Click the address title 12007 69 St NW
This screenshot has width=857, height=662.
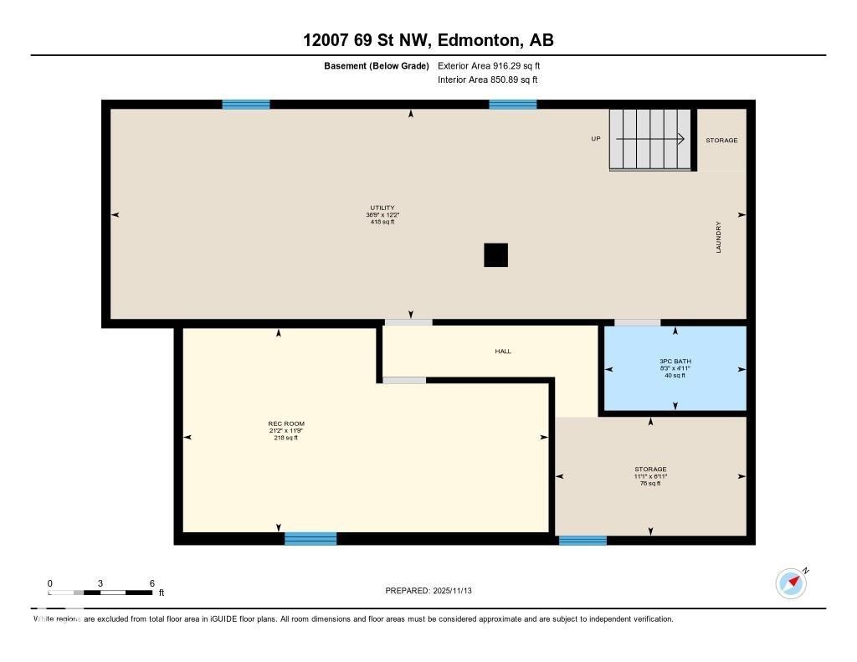coord(428,40)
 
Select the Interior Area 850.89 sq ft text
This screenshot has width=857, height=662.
coord(487,80)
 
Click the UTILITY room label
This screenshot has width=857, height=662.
coord(382,208)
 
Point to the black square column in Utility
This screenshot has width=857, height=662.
coord(495,255)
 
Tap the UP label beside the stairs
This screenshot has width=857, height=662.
coord(596,139)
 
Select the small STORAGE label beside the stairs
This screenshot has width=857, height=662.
coord(721,141)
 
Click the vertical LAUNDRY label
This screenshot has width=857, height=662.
coord(718,237)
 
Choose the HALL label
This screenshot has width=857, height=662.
coord(502,352)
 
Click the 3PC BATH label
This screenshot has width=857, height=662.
coord(675,362)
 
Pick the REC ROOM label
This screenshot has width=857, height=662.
coord(280,424)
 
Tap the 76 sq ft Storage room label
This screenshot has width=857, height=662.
coord(650,476)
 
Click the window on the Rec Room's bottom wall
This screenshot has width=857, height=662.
coord(310,538)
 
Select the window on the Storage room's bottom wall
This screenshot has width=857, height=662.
coord(582,540)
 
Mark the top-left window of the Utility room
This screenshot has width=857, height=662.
coord(246,105)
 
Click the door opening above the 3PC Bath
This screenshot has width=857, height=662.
coord(637,322)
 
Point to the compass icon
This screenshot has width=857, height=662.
coord(791,582)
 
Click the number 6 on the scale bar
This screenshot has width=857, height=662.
coord(151,583)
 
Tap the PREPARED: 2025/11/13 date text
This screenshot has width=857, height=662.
coord(434,591)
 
